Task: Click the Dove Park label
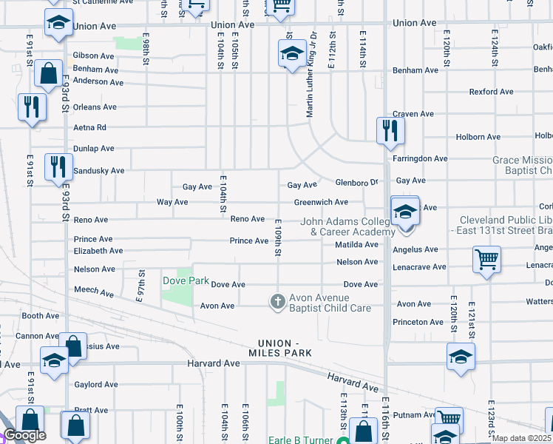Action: coord(186,280)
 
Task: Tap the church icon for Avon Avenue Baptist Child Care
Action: coord(277,300)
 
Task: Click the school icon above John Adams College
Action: coord(404,212)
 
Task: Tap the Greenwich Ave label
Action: coord(321,202)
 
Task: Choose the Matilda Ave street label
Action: coord(356,243)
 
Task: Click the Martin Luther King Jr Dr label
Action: coord(312,74)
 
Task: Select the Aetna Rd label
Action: coord(90,127)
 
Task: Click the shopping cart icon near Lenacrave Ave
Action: coord(486,260)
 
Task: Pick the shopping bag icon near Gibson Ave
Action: coord(48,75)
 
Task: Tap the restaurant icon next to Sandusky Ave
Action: coord(58,167)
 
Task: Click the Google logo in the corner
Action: coord(24,434)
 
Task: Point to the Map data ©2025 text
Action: coord(521,438)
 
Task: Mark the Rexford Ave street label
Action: coord(492,92)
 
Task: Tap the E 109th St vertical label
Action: coord(279,238)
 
